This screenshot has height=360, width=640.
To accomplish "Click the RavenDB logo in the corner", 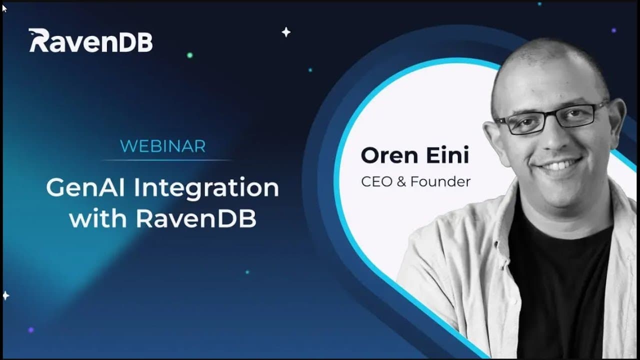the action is (x=90, y=40).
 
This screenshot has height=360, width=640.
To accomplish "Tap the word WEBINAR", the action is (x=163, y=146).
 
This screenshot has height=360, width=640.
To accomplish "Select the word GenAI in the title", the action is (x=85, y=187).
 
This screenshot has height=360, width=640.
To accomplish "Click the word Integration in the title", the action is (x=206, y=188).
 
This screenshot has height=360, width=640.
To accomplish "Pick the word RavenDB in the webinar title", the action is (x=196, y=218).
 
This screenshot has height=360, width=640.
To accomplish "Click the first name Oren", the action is (x=389, y=155).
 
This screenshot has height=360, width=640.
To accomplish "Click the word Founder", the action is (x=440, y=181).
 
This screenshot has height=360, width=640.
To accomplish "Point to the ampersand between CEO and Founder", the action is (x=401, y=181).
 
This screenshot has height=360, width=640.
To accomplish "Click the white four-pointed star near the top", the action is (x=286, y=32).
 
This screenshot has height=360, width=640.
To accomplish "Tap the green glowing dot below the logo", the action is (x=189, y=55).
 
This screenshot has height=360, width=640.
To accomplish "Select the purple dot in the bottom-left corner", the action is (x=31, y=330).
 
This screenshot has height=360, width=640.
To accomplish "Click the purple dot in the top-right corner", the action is (x=613, y=30).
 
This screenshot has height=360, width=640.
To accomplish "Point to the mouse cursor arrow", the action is (x=4, y=8).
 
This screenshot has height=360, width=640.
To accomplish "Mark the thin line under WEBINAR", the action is (x=167, y=160).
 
